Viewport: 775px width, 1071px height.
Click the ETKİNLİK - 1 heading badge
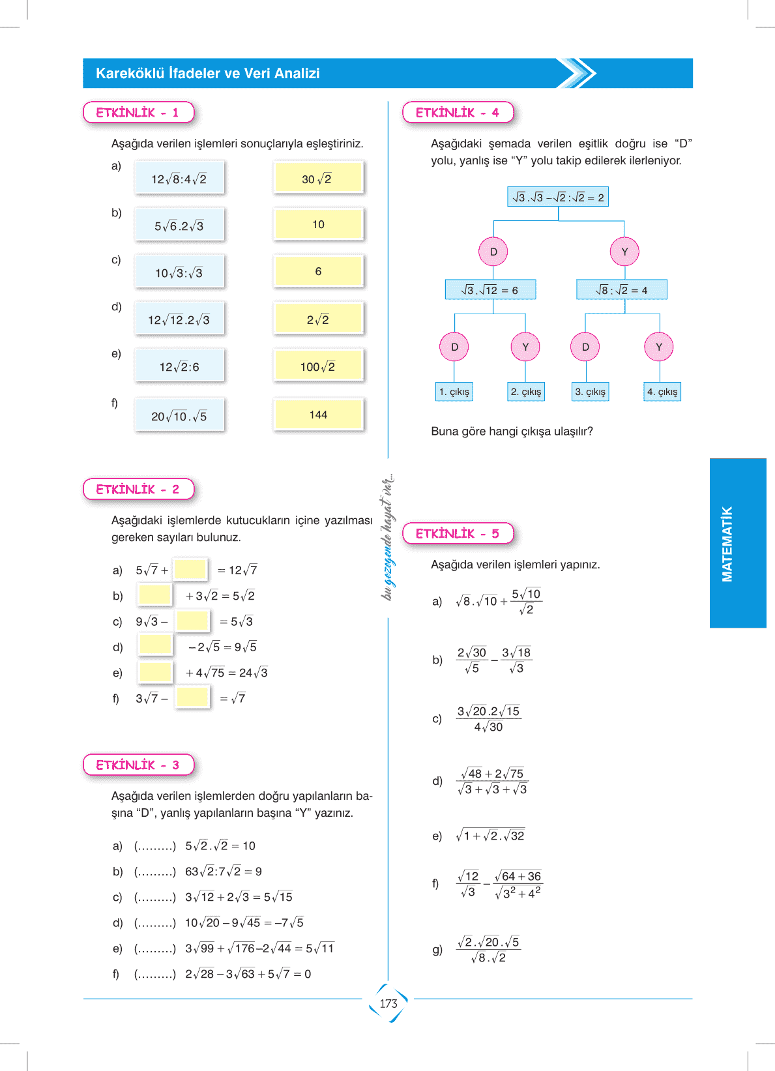point(138,112)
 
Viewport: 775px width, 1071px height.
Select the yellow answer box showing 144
point(318,415)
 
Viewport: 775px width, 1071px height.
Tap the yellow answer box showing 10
point(318,224)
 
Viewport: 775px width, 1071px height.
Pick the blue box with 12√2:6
point(179,366)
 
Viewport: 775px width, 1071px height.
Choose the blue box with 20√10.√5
point(179,416)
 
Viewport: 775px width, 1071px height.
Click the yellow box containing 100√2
point(318,366)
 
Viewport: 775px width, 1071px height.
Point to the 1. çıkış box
point(454,391)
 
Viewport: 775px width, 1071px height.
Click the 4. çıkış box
point(662,391)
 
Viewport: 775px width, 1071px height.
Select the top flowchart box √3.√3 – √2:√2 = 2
point(558,197)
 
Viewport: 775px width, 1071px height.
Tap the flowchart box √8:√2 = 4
point(621,289)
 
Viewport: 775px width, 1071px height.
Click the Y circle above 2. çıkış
point(525,347)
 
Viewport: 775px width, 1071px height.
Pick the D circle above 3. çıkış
point(585,347)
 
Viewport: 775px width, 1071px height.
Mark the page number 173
point(388,1003)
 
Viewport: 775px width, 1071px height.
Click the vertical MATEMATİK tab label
point(727,543)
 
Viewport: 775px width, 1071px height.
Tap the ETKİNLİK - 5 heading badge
point(458,533)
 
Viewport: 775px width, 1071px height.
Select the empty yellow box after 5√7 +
point(190,569)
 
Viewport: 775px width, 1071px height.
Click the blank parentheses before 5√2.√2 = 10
point(155,845)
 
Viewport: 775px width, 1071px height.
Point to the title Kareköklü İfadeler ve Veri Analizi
point(208,74)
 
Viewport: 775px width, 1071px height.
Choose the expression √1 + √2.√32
point(490,836)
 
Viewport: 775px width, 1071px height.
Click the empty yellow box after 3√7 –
point(192,697)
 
